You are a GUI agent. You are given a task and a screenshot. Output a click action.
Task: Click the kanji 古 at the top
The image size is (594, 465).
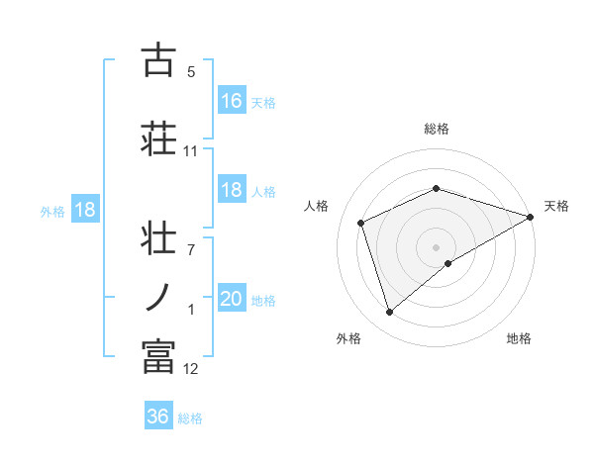tap(157, 61)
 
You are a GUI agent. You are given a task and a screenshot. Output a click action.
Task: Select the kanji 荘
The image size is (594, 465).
tap(157, 137)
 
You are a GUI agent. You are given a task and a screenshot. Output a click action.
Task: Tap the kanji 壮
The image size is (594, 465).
tap(157, 239)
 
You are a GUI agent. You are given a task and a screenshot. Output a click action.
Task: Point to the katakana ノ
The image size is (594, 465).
tap(157, 296)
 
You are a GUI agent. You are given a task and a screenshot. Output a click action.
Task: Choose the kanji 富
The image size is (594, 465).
tap(157, 356)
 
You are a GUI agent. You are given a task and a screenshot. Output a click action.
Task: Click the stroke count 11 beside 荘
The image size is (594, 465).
tap(190, 151)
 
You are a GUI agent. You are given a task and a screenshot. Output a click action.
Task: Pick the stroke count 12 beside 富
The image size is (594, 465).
tap(190, 369)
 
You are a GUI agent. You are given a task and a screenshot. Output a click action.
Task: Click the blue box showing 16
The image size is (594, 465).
tap(232, 100)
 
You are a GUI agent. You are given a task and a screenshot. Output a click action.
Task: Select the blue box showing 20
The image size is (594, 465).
tap(232, 300)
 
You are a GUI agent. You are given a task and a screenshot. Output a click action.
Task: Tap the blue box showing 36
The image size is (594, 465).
tap(157, 417)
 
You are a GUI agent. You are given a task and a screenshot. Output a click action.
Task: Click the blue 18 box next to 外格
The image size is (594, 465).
tap(84, 210)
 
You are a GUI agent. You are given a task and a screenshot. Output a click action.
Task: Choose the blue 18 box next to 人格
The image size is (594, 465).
tap(232, 191)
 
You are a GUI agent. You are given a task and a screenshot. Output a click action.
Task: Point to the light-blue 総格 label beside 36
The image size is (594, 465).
tap(190, 418)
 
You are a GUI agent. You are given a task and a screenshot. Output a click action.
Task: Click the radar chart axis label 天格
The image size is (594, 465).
tap(556, 206)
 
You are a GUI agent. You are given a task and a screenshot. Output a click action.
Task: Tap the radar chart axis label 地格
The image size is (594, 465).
tap(519, 339)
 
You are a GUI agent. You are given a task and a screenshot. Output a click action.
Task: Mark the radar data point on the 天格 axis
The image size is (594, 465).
tap(531, 216)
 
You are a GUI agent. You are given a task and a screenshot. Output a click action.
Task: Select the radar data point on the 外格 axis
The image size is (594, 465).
tap(389, 313)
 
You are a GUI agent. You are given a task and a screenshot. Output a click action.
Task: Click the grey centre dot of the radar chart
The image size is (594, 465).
tap(436, 246)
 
